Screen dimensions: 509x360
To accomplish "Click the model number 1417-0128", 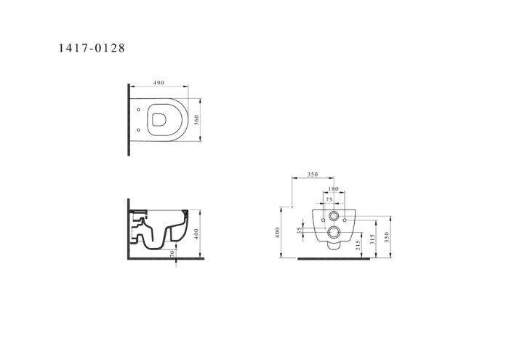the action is coord(92,48).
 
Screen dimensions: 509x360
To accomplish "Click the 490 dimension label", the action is coord(159,83).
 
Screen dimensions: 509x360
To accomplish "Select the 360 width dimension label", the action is coord(196,120).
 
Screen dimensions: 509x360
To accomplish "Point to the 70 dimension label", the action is coord(172,253).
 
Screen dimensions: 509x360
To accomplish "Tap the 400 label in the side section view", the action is coord(196,233).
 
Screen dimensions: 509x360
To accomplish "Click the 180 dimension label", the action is coord(333,189).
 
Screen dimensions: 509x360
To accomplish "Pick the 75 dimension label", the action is coord(329,200).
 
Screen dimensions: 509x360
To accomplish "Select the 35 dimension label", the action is coord(299,230).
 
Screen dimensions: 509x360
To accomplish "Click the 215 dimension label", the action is coord(358,245).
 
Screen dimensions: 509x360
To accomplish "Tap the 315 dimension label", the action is coord(372,239).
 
